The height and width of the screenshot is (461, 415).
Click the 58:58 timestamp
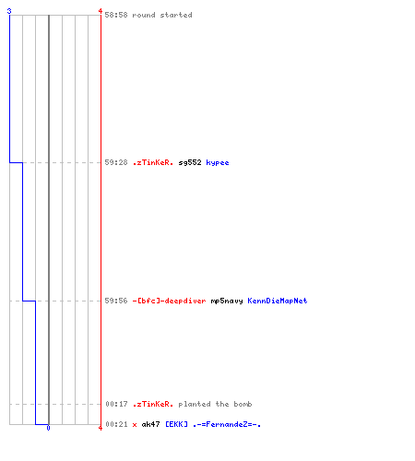pyautogui.click(x=116, y=15)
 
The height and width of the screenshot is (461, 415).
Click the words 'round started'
pyautogui.click(x=162, y=15)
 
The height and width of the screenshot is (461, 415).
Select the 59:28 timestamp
pyautogui.click(x=116, y=162)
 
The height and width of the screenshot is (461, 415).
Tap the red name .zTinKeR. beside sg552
pyautogui.click(x=153, y=162)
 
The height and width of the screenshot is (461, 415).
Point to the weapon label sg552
pyautogui.click(x=190, y=162)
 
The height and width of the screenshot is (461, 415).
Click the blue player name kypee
pyautogui.click(x=218, y=162)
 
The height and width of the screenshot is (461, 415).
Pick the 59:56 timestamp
pyautogui.click(x=116, y=301)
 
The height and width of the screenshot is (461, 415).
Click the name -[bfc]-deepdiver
pyautogui.click(x=169, y=301)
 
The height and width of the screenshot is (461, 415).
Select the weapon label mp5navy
pyautogui.click(x=227, y=301)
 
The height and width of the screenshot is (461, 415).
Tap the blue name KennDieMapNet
pyautogui.click(x=278, y=301)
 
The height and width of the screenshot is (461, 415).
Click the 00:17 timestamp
pyautogui.click(x=116, y=404)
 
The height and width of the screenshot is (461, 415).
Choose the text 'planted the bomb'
pyautogui.click(x=215, y=404)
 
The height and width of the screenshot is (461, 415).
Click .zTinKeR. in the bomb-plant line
pyautogui.click(x=153, y=404)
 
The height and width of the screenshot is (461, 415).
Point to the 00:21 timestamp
pyautogui.click(x=116, y=424)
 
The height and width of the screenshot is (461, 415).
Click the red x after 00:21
pyautogui.click(x=135, y=425)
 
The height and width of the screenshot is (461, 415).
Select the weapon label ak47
pyautogui.click(x=150, y=424)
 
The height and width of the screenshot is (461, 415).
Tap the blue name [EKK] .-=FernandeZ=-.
pyautogui.click(x=213, y=424)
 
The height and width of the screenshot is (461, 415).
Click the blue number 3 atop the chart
pyautogui.click(x=9, y=11)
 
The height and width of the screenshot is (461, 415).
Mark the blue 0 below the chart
pyautogui.click(x=48, y=428)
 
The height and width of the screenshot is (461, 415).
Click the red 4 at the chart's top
pyautogui.click(x=101, y=11)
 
